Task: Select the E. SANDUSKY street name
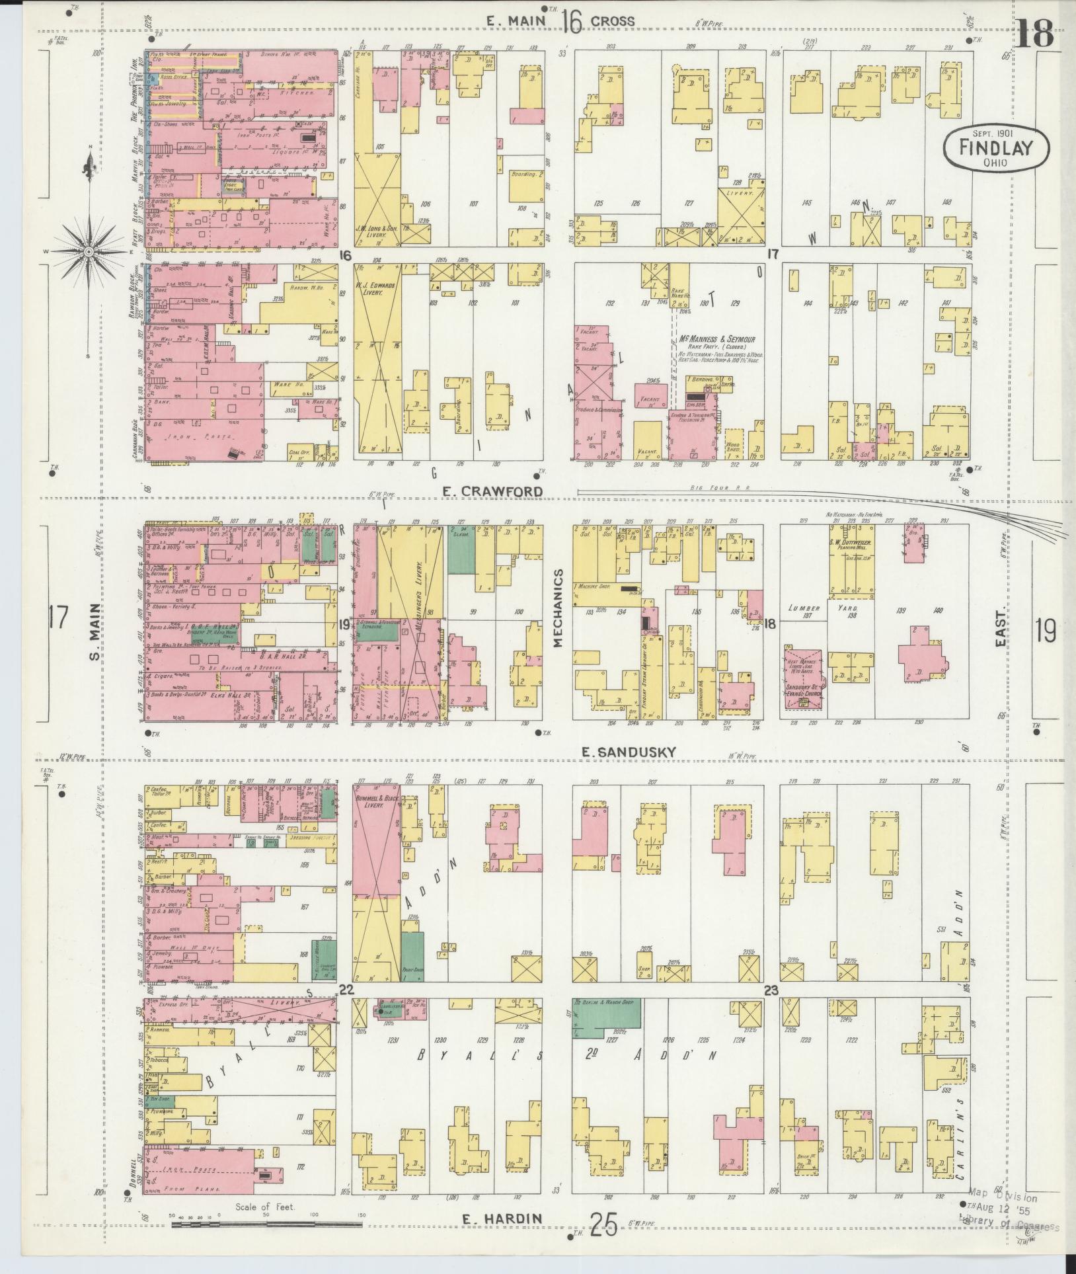pyautogui.click(x=629, y=752)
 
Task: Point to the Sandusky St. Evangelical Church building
pyautogui.click(x=804, y=677)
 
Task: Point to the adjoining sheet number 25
pyautogui.click(x=603, y=1226)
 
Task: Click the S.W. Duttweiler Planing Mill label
pyautogui.click(x=851, y=543)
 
